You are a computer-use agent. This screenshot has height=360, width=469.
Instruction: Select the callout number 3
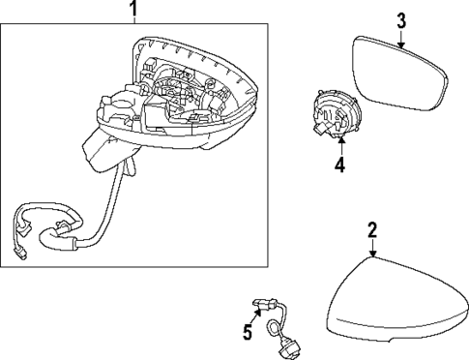[x=401, y=19]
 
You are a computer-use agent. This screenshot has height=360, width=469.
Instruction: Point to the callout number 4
[x=339, y=165]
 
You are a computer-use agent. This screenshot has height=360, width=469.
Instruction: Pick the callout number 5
[x=247, y=333]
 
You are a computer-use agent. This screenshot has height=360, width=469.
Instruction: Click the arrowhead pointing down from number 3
[x=401, y=41]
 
